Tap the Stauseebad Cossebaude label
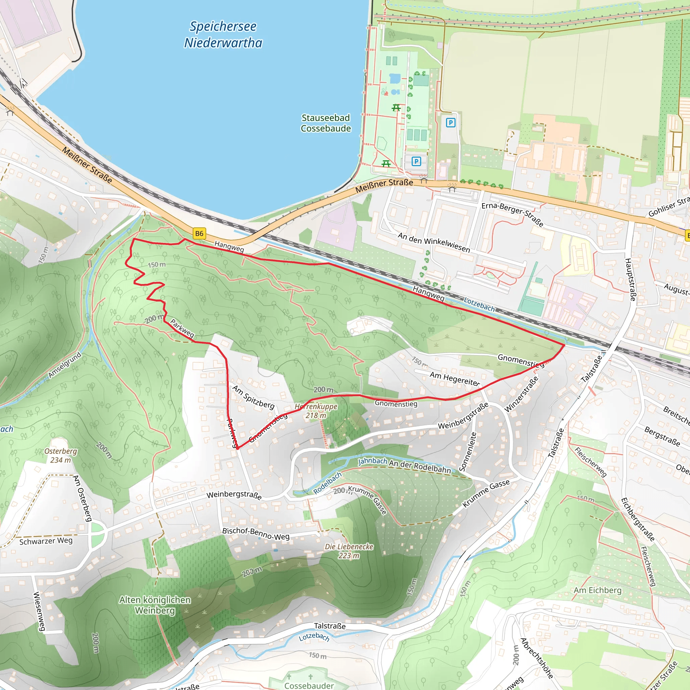(x=325, y=123)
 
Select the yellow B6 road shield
(x=199, y=233)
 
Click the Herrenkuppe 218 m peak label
(x=316, y=411)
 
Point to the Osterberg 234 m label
(x=60, y=456)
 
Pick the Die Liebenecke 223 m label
(x=349, y=551)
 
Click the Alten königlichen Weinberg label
(x=155, y=605)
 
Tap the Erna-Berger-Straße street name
(x=512, y=214)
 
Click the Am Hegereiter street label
(x=454, y=379)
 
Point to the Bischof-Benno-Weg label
(x=256, y=534)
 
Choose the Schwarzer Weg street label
(x=46, y=541)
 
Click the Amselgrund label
(x=65, y=365)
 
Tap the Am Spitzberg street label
(x=254, y=397)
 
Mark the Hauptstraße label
(x=630, y=279)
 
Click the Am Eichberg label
(x=597, y=590)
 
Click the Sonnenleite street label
(x=472, y=451)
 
